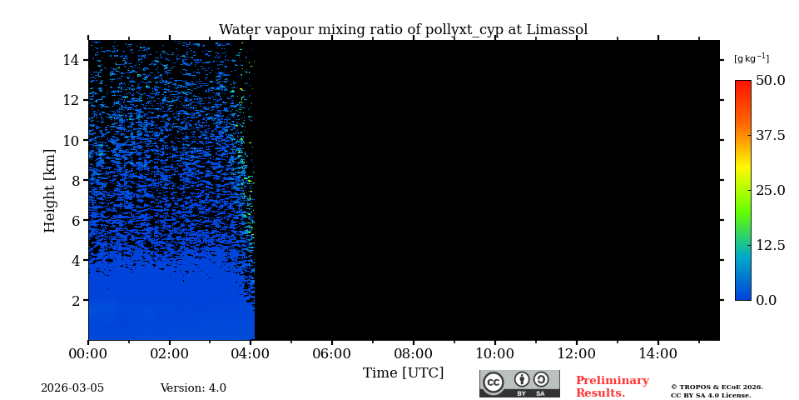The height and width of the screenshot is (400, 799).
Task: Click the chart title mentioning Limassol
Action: pos(403,30)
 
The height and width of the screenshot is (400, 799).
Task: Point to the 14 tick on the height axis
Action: pos(71,60)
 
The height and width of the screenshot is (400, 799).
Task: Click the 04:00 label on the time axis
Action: pos(251,353)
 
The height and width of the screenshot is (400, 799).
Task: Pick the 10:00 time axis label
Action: pos(494,353)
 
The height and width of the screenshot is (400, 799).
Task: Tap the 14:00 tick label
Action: pos(658,353)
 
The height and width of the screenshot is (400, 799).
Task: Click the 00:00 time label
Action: pos(88,353)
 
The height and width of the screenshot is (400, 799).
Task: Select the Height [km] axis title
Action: pos(50,190)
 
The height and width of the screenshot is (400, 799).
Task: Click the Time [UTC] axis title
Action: pos(403,372)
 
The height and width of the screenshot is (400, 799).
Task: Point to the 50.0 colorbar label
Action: pos(770,81)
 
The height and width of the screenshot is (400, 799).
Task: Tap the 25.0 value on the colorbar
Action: pos(770,190)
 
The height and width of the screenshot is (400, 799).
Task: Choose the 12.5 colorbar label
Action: pos(770,245)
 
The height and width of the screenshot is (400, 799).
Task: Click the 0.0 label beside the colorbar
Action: pos(767,300)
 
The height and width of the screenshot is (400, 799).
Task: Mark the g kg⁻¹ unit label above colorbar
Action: pos(751,58)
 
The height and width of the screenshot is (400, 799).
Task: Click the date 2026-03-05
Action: pos(72,388)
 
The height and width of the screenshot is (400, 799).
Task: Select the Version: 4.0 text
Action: pos(193,388)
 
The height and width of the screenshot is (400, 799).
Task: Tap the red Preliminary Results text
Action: pos(612,387)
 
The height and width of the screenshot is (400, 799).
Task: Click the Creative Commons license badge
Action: pos(519,383)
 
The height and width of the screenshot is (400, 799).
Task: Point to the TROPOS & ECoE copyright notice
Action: pos(717,391)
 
